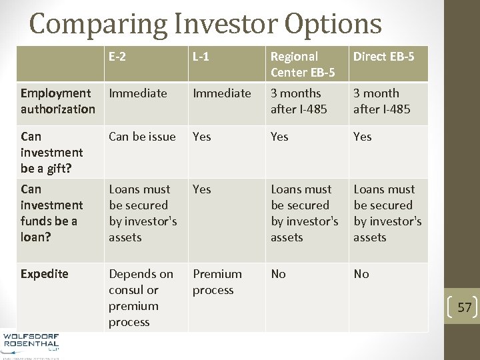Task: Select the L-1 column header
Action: (x=201, y=57)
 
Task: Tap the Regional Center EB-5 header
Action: (x=303, y=64)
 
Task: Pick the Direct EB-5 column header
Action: (x=383, y=57)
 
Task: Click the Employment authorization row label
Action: (x=58, y=101)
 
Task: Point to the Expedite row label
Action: (x=45, y=274)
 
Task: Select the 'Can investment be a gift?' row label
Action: (x=52, y=153)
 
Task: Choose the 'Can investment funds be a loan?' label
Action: (x=52, y=213)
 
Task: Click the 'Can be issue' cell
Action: (x=142, y=137)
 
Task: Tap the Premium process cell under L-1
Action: (x=217, y=282)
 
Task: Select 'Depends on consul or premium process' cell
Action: (x=141, y=298)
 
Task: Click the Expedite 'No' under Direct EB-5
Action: (x=361, y=274)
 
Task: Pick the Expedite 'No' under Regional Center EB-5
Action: (x=278, y=274)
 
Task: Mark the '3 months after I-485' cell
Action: (x=299, y=101)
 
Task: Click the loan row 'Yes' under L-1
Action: (x=201, y=189)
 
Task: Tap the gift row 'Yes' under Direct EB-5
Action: (x=363, y=137)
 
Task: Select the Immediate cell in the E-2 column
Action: (x=138, y=93)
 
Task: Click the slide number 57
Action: (x=464, y=307)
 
